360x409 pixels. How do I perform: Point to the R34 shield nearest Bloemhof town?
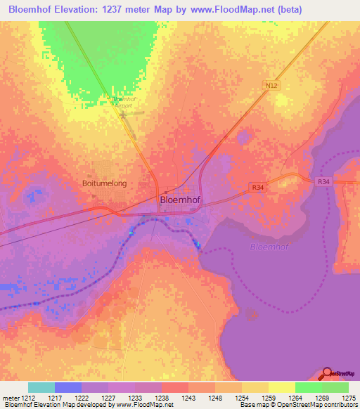click(259, 187)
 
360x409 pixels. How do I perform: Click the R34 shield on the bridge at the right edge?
click(323, 181)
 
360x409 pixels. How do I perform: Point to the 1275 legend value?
click(348, 397)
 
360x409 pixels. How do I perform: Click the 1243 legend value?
click(188, 397)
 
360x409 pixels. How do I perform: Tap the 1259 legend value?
click(268, 397)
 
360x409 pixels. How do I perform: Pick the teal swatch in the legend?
click(41, 387)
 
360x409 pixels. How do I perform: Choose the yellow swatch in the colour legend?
click(281, 387)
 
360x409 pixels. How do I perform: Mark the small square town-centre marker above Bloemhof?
click(165, 192)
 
